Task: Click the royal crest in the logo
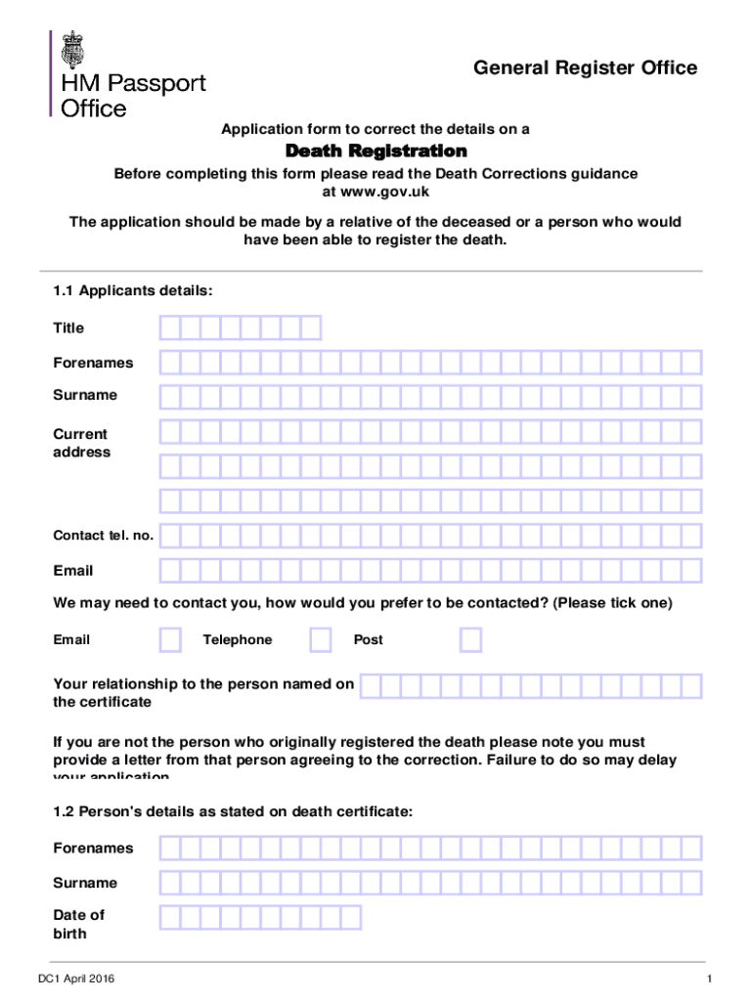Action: click(x=73, y=48)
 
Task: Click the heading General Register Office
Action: click(x=585, y=67)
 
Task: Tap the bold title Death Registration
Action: click(x=376, y=152)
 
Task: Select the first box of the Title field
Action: click(x=170, y=327)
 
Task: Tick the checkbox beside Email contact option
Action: click(x=170, y=639)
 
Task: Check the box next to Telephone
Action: click(x=321, y=639)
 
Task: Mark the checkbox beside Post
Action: click(x=470, y=639)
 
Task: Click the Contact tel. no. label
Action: click(x=103, y=536)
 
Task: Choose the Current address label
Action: click(x=81, y=443)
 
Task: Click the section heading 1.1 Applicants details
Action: click(x=133, y=290)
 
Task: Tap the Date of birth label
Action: click(x=78, y=924)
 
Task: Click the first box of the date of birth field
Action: click(x=170, y=917)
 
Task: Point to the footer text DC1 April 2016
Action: click(x=81, y=979)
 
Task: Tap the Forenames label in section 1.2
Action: click(x=93, y=848)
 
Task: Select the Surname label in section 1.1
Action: click(x=85, y=395)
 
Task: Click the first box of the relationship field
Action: click(x=371, y=686)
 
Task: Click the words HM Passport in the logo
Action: click(x=134, y=84)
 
